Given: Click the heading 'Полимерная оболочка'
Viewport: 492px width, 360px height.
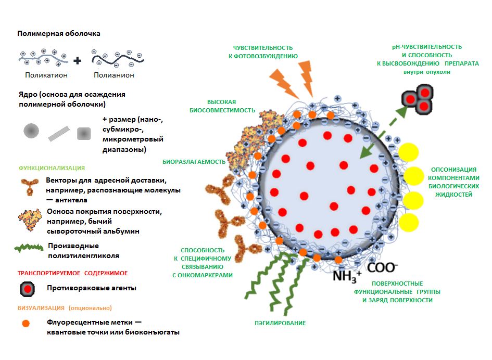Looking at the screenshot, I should tap(59, 33).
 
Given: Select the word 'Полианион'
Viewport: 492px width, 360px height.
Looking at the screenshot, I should tap(114, 75).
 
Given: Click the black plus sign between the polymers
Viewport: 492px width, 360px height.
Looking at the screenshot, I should tap(78, 60).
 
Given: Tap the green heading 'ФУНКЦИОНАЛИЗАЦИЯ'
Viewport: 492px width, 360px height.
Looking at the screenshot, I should tap(52, 168).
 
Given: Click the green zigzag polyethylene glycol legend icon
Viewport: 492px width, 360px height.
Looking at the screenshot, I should tap(29, 248).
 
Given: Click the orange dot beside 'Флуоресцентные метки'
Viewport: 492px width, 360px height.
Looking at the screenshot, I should tap(26, 323).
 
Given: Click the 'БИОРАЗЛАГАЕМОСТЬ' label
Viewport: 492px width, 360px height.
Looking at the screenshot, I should tap(194, 162).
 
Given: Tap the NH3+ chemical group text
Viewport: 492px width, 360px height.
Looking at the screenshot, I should tap(347, 274).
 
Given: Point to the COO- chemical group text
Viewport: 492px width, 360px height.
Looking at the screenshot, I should tap(383, 267).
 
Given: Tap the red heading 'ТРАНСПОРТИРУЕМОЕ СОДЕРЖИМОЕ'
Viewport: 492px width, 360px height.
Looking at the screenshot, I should tap(72, 273).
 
